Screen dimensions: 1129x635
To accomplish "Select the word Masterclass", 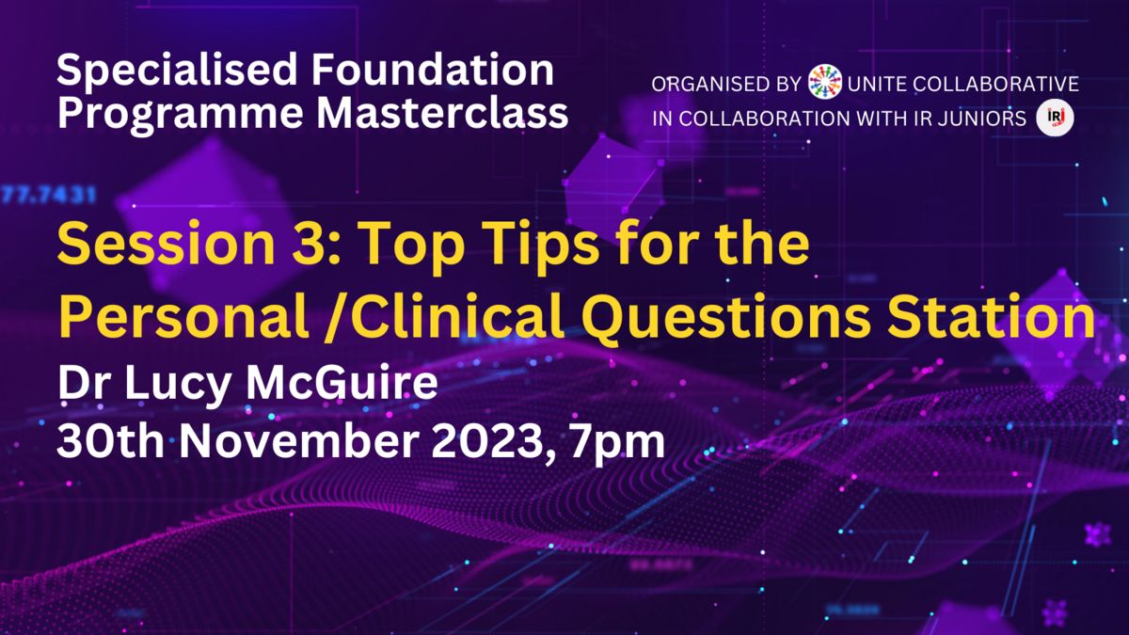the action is pyautogui.click(x=442, y=113).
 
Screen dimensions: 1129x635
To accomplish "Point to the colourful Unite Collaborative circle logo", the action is pyautogui.click(x=824, y=82).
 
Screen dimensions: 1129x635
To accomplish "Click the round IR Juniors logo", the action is pyautogui.click(x=1055, y=119).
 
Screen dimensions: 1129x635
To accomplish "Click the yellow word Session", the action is pyautogui.click(x=166, y=244).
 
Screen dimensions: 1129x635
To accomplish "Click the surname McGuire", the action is pyautogui.click(x=342, y=383).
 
